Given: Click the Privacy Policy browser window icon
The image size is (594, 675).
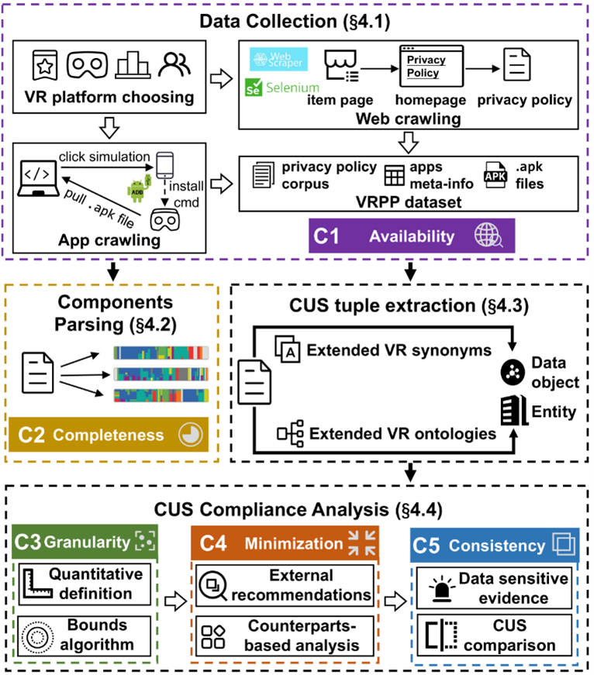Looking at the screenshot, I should tap(429, 66).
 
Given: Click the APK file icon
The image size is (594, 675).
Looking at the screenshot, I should tap(497, 175).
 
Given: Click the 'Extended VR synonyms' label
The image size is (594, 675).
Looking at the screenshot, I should tap(399, 350).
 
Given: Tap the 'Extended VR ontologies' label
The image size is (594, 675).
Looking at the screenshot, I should tap(402, 432).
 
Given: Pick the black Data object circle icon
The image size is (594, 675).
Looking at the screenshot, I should tap(513, 372).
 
